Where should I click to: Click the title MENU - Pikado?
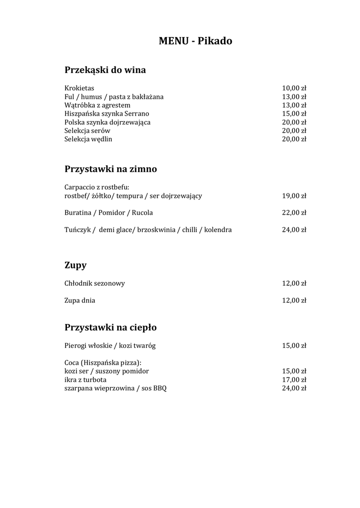point(195,41)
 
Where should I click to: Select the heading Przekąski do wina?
point(105,70)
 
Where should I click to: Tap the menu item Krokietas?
point(79,88)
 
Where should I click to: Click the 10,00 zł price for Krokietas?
point(294,88)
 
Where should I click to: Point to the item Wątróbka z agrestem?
point(97,105)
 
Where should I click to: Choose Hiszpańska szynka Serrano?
point(106,114)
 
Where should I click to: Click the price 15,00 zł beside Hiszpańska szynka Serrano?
point(294,114)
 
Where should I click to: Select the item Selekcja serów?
point(87,130)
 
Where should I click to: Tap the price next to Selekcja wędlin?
point(294,139)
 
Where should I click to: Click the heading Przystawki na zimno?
point(110,169)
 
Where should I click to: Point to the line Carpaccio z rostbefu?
point(96,187)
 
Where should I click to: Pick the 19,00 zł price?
point(294,196)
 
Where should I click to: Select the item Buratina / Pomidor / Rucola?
point(108,213)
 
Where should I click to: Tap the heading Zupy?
point(75,265)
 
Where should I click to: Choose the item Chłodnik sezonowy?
point(94,284)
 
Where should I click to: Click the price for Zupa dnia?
point(294,301)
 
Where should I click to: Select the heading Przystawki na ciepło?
point(110,327)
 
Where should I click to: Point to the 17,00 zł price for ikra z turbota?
point(294,380)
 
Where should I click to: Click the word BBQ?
point(160,388)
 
